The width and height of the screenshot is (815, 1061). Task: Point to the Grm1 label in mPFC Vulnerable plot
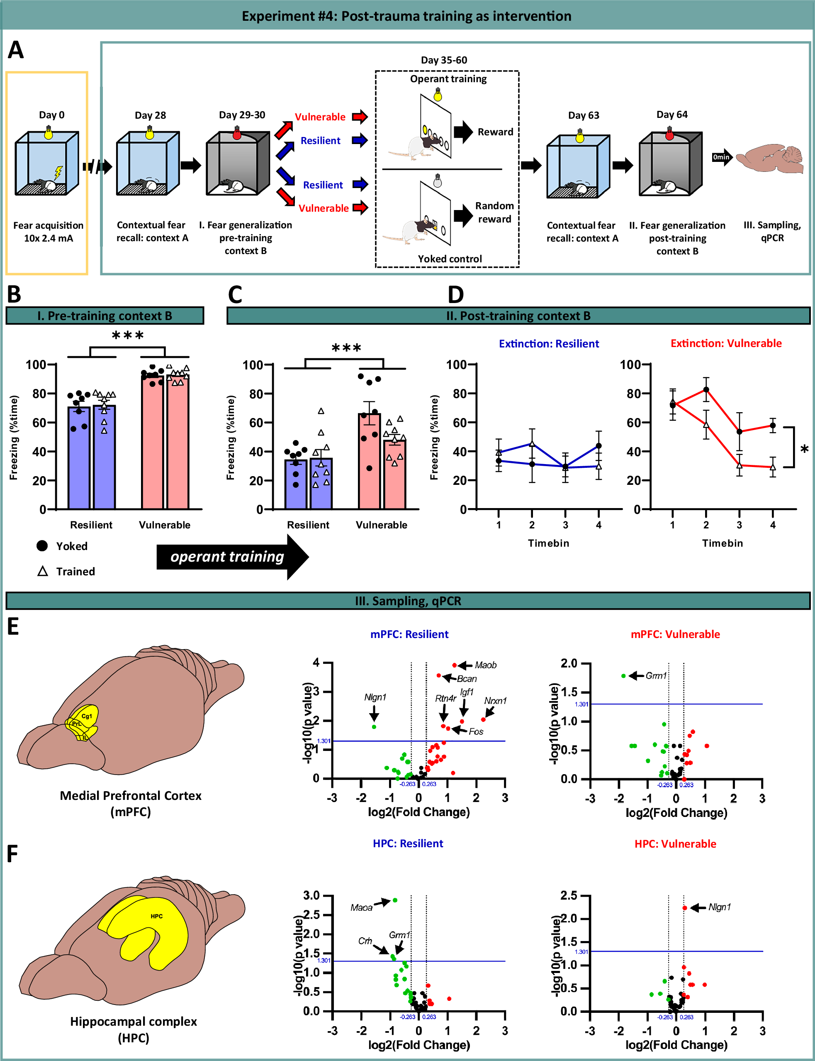tap(656, 675)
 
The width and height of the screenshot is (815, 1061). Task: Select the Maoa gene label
tap(361, 907)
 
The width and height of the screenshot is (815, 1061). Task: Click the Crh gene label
tap(365, 941)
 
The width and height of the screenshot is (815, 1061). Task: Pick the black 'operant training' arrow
tap(232, 557)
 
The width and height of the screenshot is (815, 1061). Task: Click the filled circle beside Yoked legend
tap(42, 546)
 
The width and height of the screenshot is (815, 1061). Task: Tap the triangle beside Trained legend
tap(43, 571)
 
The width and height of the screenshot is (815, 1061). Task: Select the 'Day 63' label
tap(584, 115)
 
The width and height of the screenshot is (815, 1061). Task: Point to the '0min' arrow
tap(722, 157)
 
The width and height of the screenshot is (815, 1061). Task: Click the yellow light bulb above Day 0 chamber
tap(49, 132)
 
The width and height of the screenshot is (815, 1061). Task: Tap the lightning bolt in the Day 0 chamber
tap(58, 172)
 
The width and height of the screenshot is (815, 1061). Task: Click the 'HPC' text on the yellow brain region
tap(156, 916)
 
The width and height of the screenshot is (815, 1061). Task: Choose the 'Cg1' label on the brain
tap(86, 716)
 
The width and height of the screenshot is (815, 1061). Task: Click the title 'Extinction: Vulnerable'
tap(726, 343)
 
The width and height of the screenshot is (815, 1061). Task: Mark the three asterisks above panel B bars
tap(128, 335)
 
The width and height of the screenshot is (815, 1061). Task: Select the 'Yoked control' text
tap(450, 259)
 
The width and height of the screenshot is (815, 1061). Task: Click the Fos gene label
tap(476, 731)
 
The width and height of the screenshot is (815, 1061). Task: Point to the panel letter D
tap(455, 294)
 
